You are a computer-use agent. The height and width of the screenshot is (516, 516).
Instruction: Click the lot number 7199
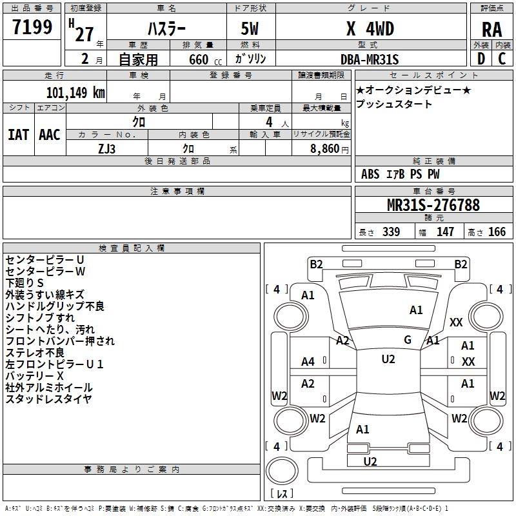(32, 27)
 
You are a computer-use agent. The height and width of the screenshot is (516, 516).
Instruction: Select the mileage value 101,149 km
(75, 93)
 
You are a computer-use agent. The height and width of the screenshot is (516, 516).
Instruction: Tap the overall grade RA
(492, 30)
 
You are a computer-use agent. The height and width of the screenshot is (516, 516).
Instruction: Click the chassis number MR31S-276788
(433, 205)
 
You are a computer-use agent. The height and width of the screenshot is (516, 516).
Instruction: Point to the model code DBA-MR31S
(370, 59)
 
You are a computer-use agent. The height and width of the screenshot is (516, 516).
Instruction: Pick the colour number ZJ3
(106, 149)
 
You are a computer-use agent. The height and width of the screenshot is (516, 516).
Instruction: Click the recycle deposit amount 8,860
(324, 149)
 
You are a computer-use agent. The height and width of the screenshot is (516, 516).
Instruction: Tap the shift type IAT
(19, 135)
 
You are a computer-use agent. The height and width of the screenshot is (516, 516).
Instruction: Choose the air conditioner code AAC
(50, 135)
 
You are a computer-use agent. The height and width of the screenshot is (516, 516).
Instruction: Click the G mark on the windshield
(408, 340)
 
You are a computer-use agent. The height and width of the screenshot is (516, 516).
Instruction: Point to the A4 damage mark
(308, 362)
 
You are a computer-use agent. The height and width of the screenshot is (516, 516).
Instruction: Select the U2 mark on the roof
(388, 359)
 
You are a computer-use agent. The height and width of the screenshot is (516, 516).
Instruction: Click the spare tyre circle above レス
(282, 471)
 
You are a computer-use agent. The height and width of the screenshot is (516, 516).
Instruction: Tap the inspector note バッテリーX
(35, 376)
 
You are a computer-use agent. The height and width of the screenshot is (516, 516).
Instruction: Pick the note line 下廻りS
(25, 283)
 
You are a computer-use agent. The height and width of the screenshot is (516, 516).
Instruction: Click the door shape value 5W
(250, 28)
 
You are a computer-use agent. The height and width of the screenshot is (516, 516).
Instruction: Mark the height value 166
(497, 232)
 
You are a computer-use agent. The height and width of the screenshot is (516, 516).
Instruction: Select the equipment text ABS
(370, 174)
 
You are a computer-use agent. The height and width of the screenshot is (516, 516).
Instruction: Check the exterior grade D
(481, 59)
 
